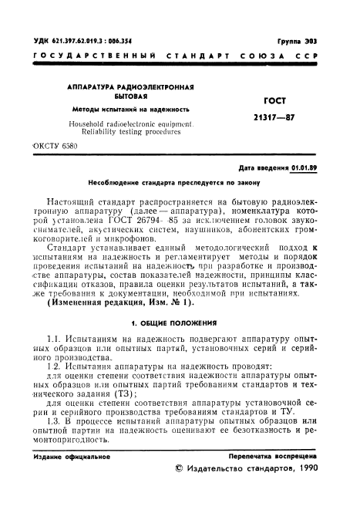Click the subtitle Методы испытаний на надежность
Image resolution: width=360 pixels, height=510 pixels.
click(116, 109)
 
